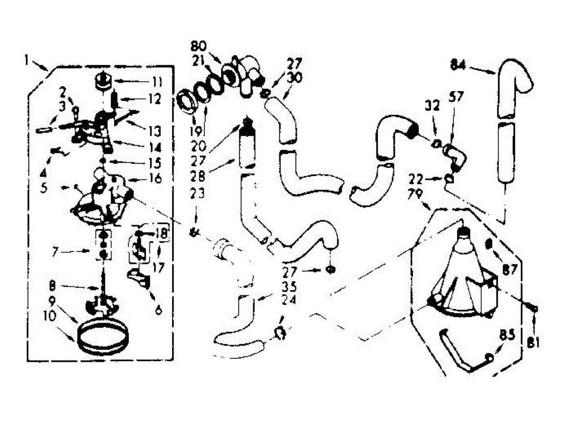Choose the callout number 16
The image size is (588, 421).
(155, 179)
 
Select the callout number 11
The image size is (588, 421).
(156, 81)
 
